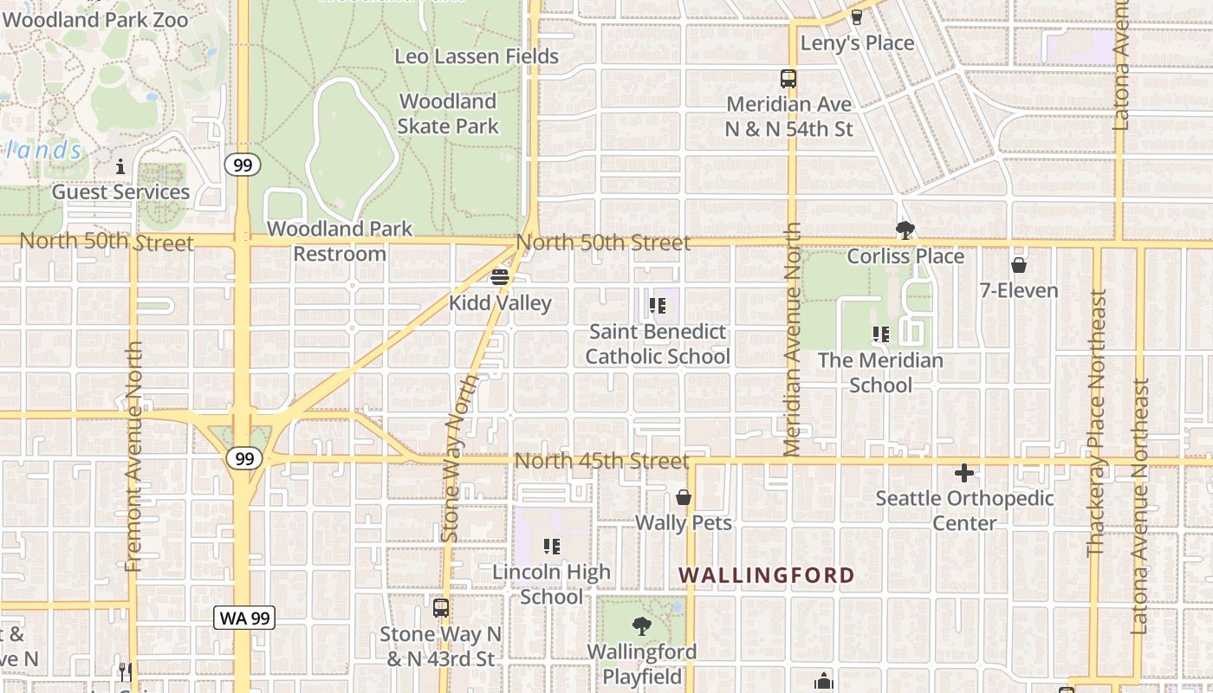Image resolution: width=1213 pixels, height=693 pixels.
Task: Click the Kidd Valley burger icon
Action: tap(500, 278)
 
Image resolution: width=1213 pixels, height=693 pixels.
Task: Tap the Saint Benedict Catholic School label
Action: tap(658, 344)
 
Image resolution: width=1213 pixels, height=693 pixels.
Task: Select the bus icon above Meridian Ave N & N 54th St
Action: tap(788, 79)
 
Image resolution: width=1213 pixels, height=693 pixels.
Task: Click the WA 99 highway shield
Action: tap(244, 618)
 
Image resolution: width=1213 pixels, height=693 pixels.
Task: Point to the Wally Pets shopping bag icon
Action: tap(684, 498)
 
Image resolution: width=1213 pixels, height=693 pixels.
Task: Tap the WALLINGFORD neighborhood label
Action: tap(767, 575)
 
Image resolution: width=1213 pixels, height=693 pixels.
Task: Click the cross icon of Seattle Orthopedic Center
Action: tap(963, 473)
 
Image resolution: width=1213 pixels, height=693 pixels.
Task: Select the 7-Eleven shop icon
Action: tap(1019, 265)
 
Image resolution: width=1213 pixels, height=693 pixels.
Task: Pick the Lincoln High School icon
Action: tap(551, 547)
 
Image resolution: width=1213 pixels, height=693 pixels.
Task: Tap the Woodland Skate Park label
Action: tap(448, 113)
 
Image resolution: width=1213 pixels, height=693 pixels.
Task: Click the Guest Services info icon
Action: tap(120, 166)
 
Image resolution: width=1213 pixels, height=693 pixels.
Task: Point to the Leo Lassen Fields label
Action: tap(477, 56)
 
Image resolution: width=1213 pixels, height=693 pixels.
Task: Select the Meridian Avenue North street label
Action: tap(792, 340)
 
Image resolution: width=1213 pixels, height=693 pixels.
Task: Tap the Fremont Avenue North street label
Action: tap(133, 457)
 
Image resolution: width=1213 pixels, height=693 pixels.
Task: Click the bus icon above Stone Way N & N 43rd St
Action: tap(441, 607)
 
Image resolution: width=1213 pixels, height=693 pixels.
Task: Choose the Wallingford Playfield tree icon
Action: tap(641, 625)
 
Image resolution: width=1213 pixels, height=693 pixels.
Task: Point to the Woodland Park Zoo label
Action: tap(95, 18)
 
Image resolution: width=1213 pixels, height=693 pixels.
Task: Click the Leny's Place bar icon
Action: tap(857, 16)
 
